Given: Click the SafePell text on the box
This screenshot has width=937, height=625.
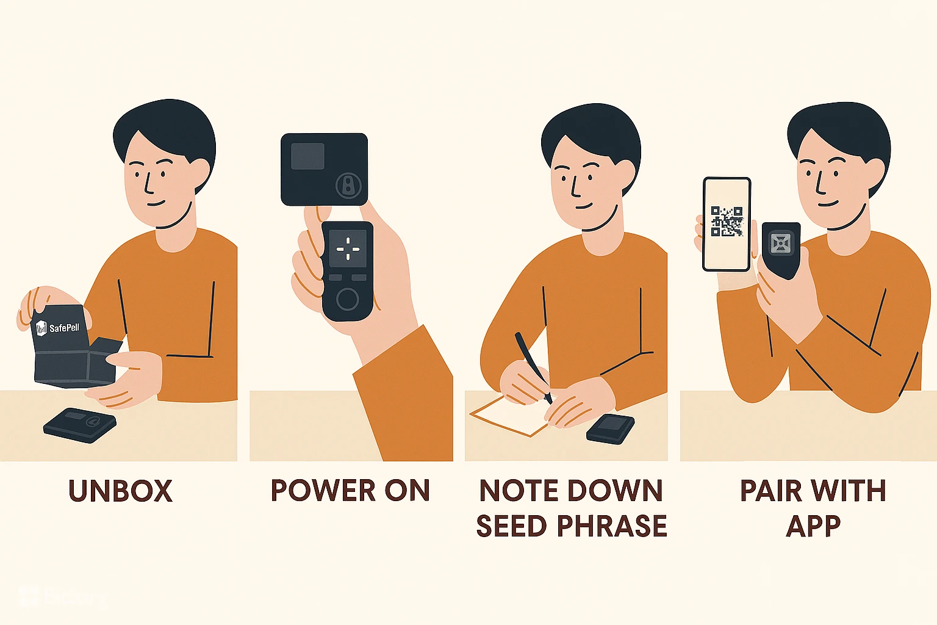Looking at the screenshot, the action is click(65, 327).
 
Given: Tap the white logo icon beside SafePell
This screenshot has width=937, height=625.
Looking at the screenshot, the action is click(41, 328).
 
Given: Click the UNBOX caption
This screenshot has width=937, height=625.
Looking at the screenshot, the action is click(120, 491).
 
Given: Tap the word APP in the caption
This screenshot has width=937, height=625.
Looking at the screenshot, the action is click(814, 526).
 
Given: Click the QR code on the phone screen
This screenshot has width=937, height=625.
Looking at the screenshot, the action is click(727, 221).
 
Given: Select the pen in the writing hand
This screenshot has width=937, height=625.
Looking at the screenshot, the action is click(533, 367).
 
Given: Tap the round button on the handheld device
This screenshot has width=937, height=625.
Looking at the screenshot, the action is click(348, 299).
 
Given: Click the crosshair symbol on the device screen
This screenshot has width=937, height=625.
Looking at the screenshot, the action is click(348, 248).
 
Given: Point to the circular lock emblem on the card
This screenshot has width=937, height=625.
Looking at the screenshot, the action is click(348, 185).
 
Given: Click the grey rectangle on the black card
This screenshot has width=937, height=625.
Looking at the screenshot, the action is click(307, 156).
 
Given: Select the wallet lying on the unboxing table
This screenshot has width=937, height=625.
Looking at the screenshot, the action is click(80, 425).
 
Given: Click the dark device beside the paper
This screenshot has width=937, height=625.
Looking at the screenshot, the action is click(610, 429).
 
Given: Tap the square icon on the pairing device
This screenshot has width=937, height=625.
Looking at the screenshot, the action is click(781, 243).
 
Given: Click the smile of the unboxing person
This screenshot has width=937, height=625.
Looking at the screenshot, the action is click(156, 203).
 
